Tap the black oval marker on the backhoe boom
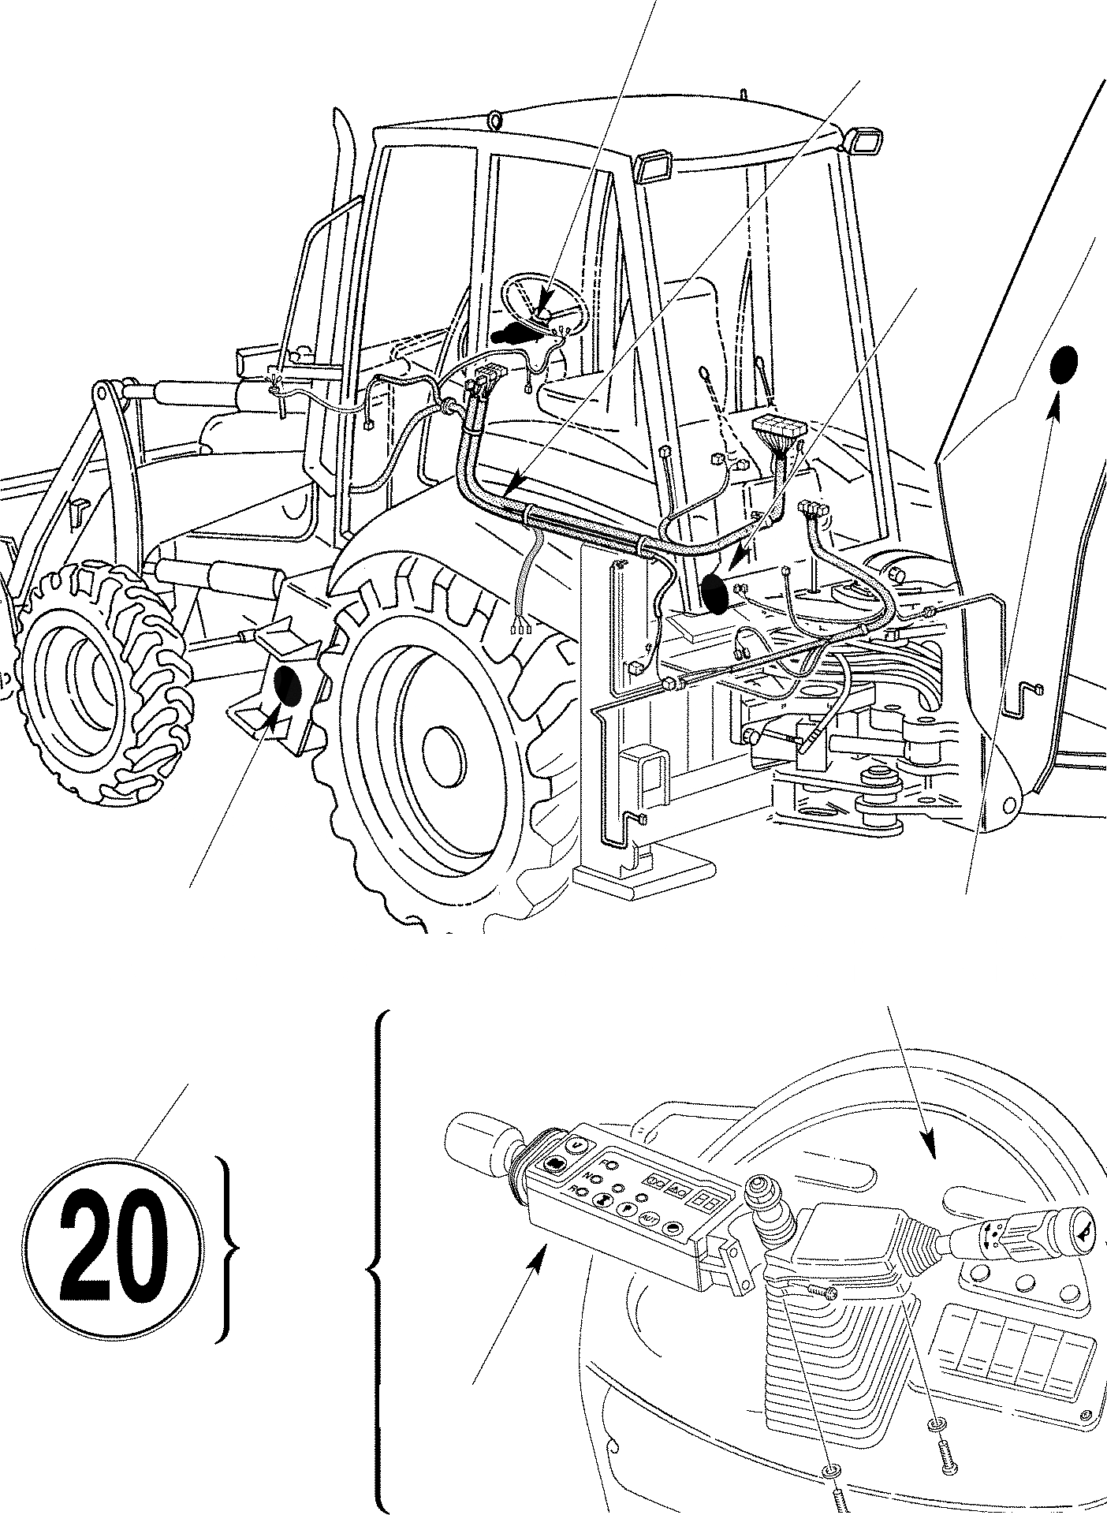click(1064, 365)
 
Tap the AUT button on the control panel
click(649, 1218)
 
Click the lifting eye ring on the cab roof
click(495, 120)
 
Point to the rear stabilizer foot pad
click(643, 877)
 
